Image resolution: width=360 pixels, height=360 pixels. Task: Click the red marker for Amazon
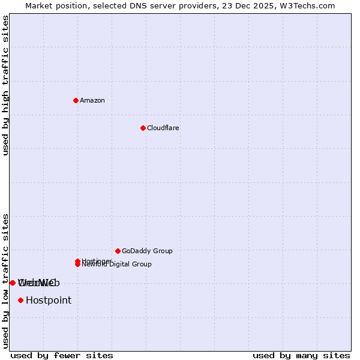[76, 100]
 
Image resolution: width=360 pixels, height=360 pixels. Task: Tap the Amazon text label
[92, 100]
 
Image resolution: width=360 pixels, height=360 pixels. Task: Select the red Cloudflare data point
[143, 128]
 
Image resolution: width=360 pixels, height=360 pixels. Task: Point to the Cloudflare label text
[163, 128]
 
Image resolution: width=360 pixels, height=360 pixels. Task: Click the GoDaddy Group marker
[118, 251]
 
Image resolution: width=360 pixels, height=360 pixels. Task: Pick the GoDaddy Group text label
[147, 251]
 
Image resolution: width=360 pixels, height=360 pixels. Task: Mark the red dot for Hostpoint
[21, 300]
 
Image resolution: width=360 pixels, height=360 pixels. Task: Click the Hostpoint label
[49, 300]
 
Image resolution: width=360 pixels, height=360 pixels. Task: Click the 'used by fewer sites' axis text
[62, 355]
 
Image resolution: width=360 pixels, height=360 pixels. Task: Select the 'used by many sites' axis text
[301, 355]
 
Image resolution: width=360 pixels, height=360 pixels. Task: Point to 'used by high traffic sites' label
[6, 85]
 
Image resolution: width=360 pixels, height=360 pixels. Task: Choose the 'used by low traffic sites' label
[6, 281]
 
